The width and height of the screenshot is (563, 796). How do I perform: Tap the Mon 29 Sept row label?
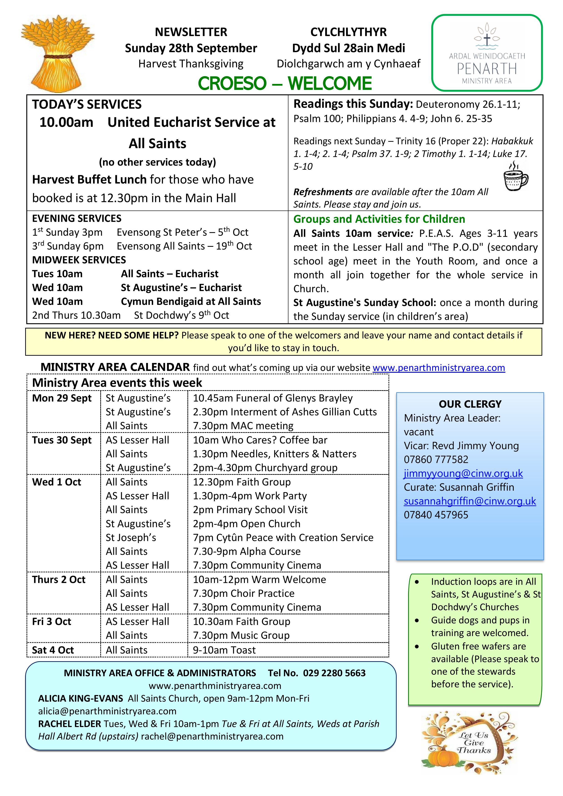(x=62, y=398)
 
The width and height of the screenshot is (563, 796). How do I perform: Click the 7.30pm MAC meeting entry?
(x=243, y=426)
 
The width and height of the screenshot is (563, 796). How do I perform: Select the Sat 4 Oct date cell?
(x=53, y=650)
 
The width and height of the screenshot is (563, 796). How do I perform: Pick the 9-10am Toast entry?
(x=224, y=650)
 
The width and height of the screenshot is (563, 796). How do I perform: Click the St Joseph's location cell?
(x=131, y=537)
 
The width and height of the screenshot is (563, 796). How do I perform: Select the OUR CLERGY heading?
(x=470, y=404)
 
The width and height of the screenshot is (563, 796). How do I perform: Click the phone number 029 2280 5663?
(x=334, y=673)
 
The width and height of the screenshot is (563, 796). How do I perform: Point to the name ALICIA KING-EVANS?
(x=81, y=698)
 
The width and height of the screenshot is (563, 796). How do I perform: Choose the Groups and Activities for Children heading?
(x=379, y=219)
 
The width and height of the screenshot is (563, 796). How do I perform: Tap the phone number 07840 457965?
(x=436, y=515)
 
